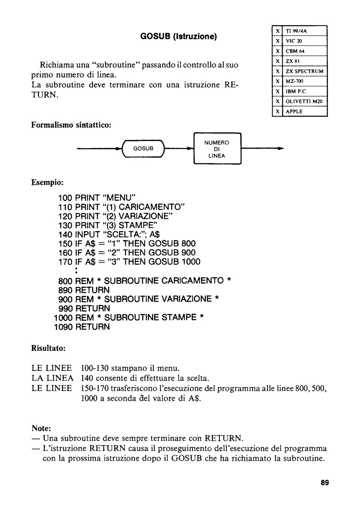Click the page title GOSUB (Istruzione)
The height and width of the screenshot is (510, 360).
(x=178, y=36)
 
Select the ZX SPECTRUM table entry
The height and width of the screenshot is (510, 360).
(x=305, y=71)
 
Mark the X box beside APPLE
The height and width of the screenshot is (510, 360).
(x=277, y=111)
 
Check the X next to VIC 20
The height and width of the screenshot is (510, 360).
(x=277, y=41)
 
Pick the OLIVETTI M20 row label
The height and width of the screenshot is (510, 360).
(x=304, y=102)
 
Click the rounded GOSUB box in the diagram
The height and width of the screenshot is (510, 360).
(x=143, y=149)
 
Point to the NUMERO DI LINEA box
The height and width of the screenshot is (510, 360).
(x=217, y=149)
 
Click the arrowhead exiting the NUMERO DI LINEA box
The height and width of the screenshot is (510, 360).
(x=281, y=149)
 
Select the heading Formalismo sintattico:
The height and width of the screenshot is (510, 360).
(x=71, y=125)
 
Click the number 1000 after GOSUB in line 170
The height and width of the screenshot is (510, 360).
(x=191, y=262)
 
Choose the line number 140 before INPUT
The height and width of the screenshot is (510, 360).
(x=65, y=234)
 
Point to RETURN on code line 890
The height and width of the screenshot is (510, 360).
(x=92, y=290)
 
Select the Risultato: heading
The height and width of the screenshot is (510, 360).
(x=48, y=348)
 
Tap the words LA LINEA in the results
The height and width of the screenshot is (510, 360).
(x=52, y=378)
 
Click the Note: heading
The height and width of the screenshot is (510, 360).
(x=41, y=428)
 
